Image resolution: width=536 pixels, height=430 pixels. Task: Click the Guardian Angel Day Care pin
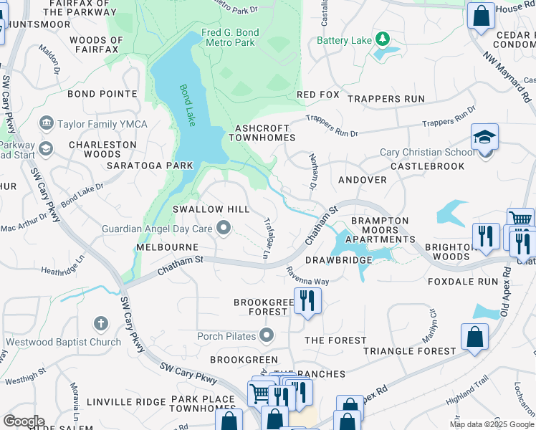pyautogui.click(x=224, y=229)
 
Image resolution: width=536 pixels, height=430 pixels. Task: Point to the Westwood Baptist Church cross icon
pyautogui.click(x=100, y=324)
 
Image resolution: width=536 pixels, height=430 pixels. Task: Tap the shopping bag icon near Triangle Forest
pyautogui.click(x=474, y=337)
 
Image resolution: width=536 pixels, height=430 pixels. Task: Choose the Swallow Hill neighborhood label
pyautogui.click(x=211, y=209)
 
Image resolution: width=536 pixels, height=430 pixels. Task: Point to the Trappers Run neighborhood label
pyautogui.click(x=394, y=99)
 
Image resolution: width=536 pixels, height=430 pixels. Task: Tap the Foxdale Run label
pyautogui.click(x=462, y=282)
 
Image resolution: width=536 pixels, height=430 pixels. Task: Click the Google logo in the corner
pyautogui.click(x=24, y=421)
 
